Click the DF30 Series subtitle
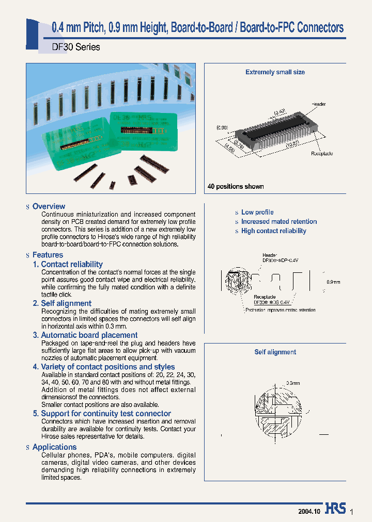point(76,47)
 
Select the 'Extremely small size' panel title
point(275,72)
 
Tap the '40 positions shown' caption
point(236,187)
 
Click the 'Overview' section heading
point(49,206)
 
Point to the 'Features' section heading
point(48,255)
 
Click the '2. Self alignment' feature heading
point(62,303)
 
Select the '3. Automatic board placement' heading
point(85,335)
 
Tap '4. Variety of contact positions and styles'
point(104,367)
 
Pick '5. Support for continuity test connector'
point(102,414)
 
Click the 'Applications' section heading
point(54,447)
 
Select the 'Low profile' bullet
point(257,212)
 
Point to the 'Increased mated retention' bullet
point(279,221)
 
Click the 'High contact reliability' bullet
point(274,231)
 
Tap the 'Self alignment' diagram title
point(275,352)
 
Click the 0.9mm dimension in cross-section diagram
point(334,282)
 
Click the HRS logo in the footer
point(335,509)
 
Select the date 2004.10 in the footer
point(309,511)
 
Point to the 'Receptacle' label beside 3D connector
point(322,154)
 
